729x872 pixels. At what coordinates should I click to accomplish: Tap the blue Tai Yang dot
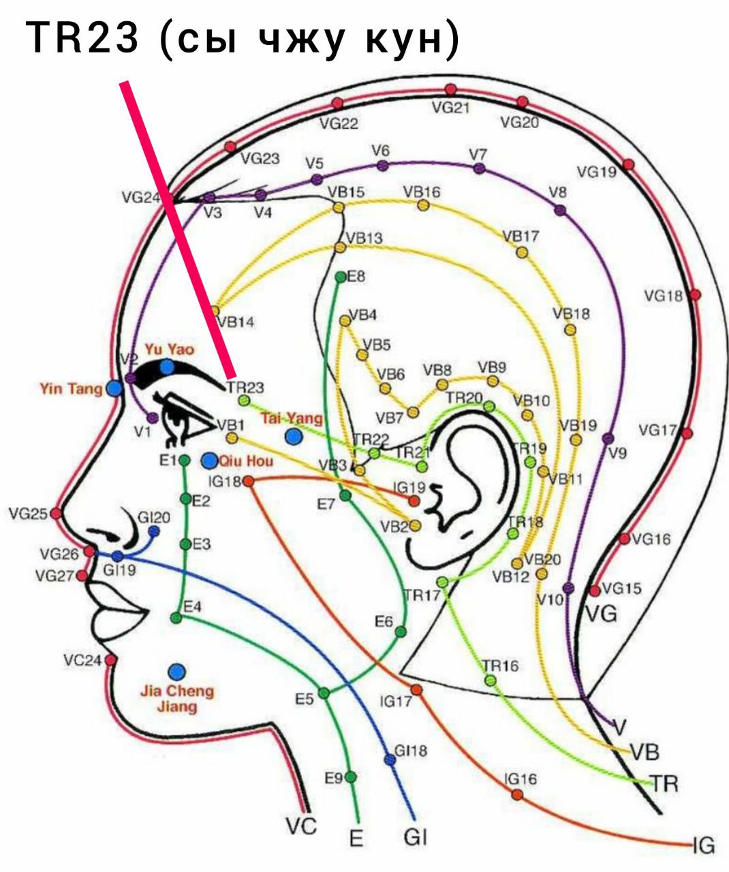(x=294, y=435)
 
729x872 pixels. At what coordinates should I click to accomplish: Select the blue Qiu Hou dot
(x=209, y=461)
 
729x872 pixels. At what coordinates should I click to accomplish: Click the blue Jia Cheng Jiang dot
(x=177, y=672)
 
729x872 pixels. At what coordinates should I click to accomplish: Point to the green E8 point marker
(x=341, y=277)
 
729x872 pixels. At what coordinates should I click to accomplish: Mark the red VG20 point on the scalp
(x=522, y=102)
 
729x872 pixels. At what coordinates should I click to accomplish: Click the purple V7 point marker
(x=480, y=169)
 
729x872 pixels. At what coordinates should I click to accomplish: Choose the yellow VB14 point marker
(x=215, y=311)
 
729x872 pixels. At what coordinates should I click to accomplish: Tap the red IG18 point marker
(x=249, y=481)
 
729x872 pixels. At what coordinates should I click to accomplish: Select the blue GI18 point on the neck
(x=390, y=760)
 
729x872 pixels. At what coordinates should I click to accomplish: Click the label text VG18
(x=663, y=296)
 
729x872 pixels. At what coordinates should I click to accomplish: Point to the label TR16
(x=500, y=666)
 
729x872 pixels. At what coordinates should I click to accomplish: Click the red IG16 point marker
(x=517, y=794)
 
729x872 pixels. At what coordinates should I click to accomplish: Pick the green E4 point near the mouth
(x=176, y=618)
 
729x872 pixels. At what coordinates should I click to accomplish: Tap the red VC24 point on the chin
(x=110, y=659)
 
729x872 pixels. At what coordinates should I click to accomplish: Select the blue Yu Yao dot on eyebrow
(x=168, y=367)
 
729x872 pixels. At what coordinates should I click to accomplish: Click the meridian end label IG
(x=704, y=846)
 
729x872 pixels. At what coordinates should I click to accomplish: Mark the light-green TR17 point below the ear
(x=442, y=582)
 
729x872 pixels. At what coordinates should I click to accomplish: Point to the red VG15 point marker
(x=595, y=590)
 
